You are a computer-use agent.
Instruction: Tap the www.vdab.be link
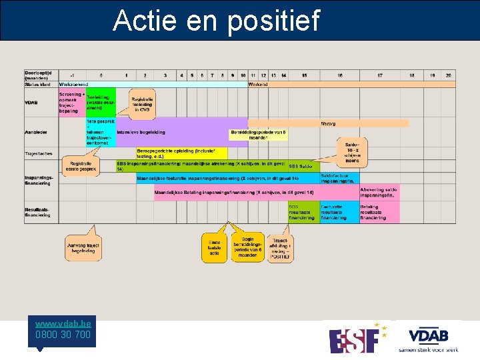[64, 323]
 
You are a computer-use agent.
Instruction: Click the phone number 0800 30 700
[64, 335]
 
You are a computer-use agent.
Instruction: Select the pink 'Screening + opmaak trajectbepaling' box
[72, 103]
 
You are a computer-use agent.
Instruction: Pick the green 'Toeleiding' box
[100, 103]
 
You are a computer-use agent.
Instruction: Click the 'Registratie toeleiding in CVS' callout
[142, 104]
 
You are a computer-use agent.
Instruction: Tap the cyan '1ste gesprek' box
[100, 132]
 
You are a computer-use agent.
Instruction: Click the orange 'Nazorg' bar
[329, 123]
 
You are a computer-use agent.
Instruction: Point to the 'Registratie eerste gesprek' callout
[80, 166]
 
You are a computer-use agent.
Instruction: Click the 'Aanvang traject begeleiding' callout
[83, 249]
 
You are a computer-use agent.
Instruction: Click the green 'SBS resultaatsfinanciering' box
[303, 212]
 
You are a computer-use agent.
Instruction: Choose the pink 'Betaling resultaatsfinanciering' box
[379, 212]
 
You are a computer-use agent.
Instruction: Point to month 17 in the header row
[379, 75]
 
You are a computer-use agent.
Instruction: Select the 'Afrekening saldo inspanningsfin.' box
[379, 192]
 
